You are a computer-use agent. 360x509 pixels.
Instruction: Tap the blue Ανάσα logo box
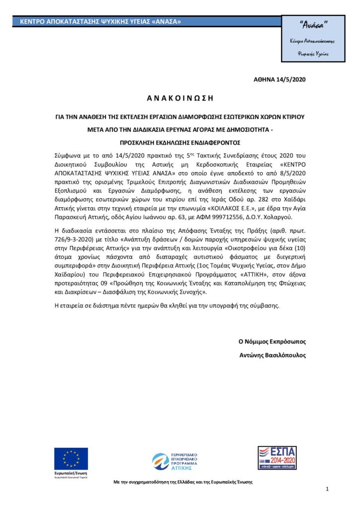313,38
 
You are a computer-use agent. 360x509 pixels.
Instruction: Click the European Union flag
71,458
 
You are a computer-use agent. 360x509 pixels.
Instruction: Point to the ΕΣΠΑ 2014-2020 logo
277,457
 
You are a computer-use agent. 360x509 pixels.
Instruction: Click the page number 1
327,490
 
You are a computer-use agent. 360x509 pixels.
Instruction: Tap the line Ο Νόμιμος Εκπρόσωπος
272,341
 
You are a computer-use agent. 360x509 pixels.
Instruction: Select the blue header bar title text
100,21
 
